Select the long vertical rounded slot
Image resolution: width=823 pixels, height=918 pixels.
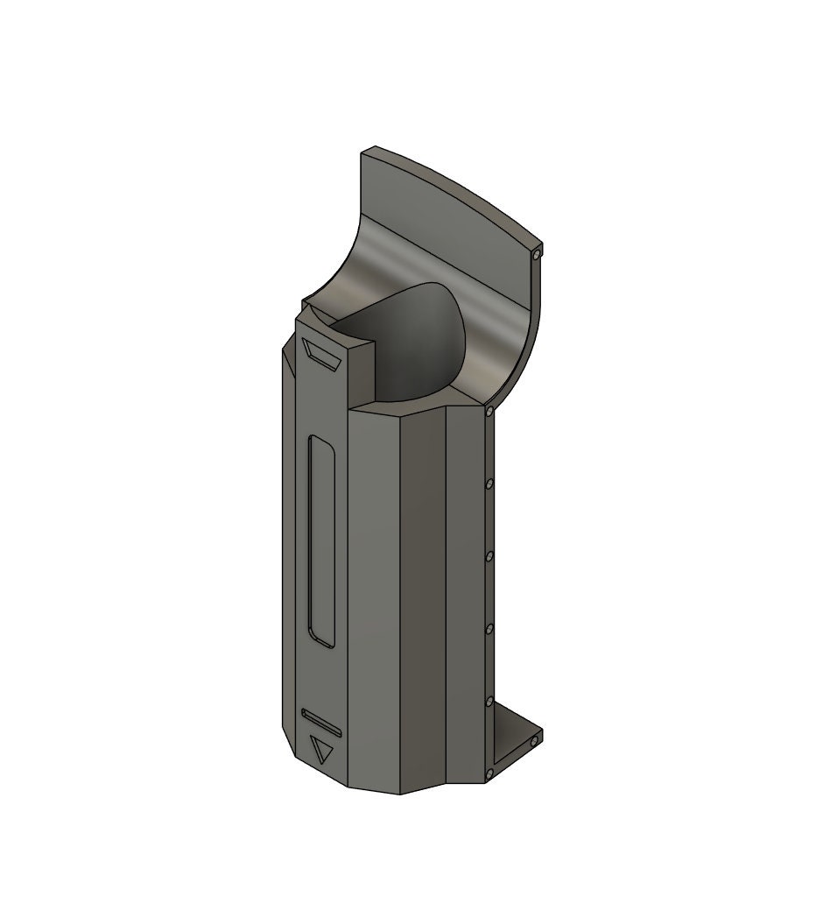321,543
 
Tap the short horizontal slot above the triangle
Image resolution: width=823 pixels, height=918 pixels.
321,721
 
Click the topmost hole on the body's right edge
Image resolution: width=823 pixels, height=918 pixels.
488,410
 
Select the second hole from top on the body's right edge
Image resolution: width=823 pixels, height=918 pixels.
489,483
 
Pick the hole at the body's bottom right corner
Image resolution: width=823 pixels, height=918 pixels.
488,773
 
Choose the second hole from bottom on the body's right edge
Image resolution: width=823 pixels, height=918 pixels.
489,701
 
